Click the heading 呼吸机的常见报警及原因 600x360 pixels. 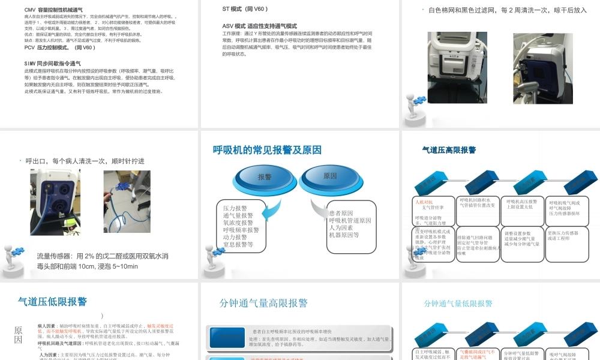[267, 151]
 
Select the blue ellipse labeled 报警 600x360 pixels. [264, 177]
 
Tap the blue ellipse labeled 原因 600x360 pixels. [330, 176]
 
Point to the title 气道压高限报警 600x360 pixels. [449, 150]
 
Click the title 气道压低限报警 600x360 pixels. [52, 301]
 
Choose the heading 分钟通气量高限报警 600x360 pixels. [263, 303]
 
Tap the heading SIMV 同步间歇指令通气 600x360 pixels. [52, 63]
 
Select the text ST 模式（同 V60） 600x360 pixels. [245, 9]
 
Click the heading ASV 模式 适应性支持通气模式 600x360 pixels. [259, 26]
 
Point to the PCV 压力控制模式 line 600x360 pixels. [59, 47]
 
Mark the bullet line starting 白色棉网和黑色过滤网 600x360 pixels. [507, 10]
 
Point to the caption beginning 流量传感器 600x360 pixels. [102, 256]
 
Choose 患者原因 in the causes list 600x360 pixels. [341, 213]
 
